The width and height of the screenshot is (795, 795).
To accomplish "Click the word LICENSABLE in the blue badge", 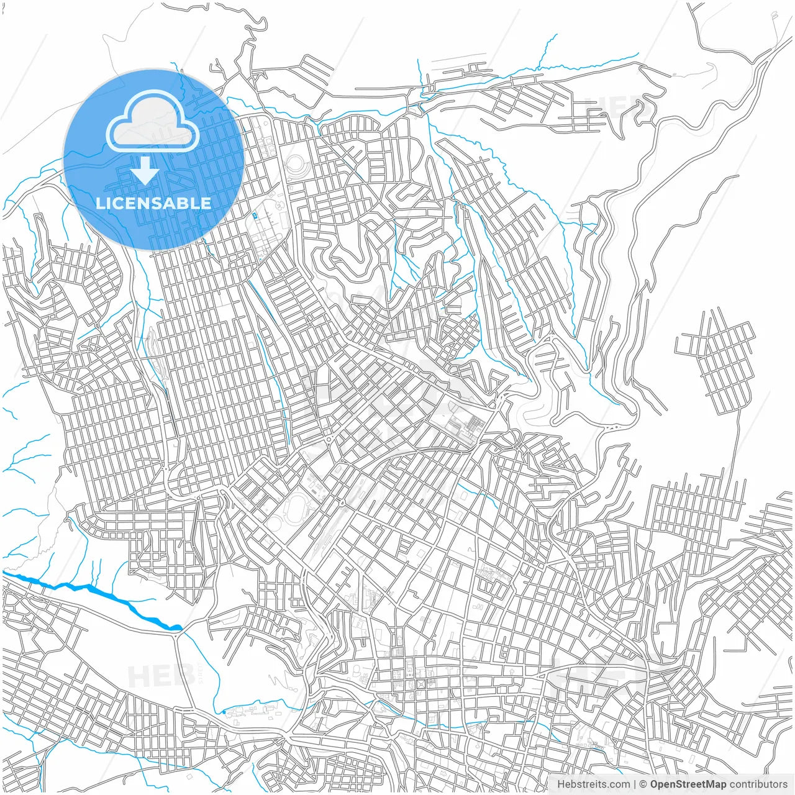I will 153,203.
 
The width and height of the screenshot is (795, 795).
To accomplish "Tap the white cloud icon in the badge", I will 153,122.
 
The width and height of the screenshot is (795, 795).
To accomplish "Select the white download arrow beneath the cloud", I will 145,171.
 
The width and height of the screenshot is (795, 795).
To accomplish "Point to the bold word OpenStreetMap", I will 688,784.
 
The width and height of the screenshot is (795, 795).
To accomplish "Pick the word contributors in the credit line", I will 758,784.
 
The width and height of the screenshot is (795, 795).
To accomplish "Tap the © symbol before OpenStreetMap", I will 643,784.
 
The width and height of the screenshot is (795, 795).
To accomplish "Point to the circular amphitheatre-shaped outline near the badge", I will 296,165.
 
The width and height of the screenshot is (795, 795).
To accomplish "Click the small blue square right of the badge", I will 255,216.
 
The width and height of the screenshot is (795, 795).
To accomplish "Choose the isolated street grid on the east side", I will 717,360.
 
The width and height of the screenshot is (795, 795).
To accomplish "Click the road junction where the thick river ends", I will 178,630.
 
